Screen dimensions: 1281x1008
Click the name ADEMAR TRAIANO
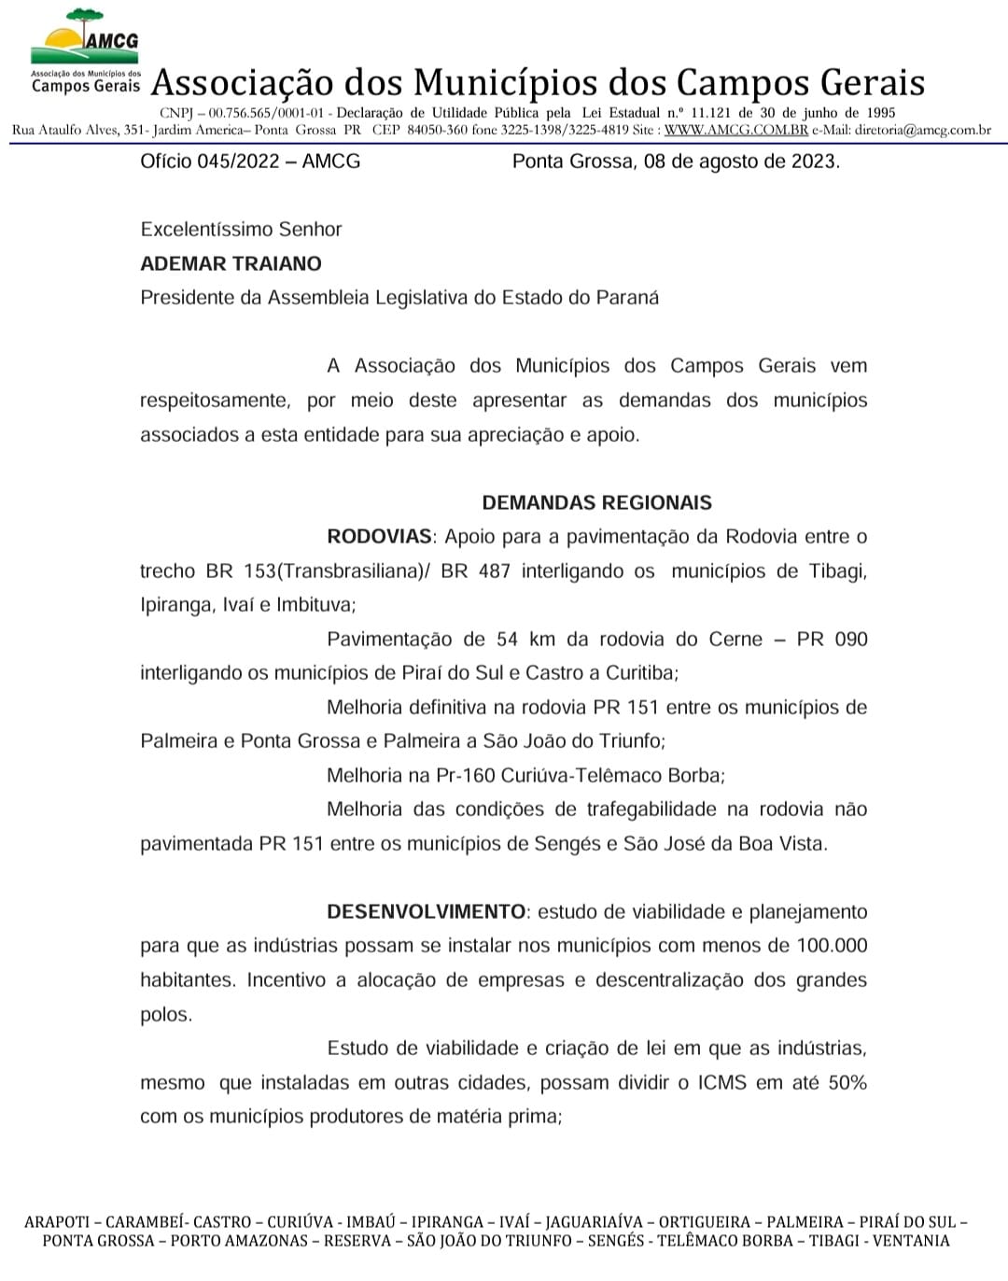231,263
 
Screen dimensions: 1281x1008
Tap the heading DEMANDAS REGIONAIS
596,502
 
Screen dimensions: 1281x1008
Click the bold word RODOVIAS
379,537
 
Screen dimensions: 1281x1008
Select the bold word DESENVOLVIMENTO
426,911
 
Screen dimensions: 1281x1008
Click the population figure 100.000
832,946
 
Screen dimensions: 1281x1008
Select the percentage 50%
847,1083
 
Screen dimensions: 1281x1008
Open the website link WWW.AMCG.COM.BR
735,130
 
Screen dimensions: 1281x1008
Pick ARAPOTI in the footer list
57,1222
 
